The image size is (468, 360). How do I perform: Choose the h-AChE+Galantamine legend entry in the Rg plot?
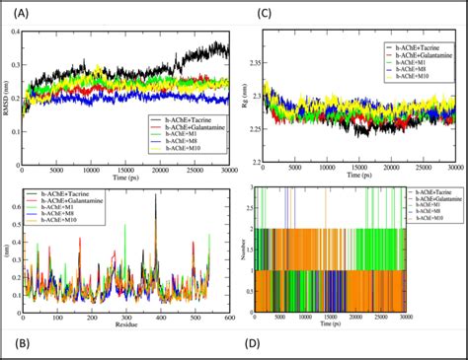(416, 55)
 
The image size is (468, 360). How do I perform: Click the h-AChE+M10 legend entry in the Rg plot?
(409, 79)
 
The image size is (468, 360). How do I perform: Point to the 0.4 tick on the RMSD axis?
(26, 33)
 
